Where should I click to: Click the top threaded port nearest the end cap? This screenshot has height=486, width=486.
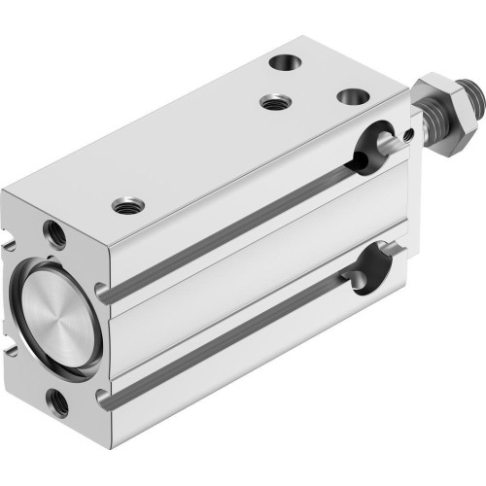point(124,205)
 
